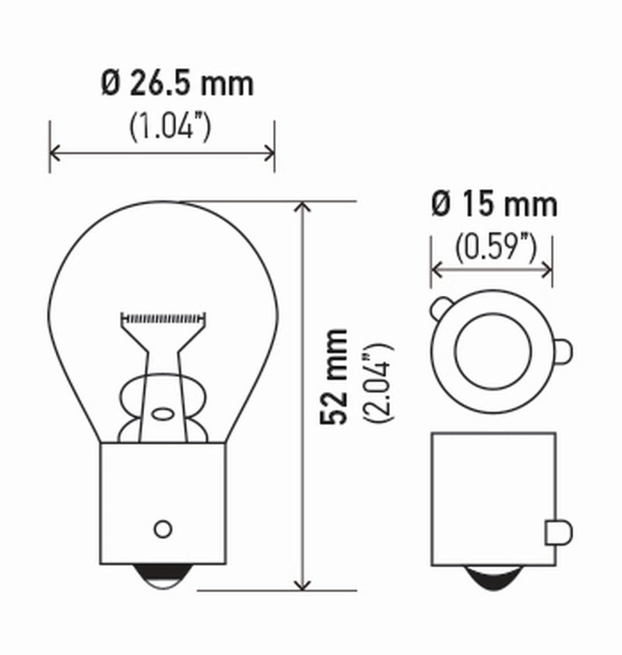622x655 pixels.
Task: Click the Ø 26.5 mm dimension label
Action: tap(177, 83)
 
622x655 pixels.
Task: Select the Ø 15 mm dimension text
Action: tap(494, 204)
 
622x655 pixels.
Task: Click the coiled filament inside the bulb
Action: tap(163, 318)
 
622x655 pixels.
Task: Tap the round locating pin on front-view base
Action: tap(162, 528)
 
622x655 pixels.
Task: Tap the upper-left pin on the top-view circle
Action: tap(439, 309)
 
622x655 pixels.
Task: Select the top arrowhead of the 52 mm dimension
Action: tap(304, 207)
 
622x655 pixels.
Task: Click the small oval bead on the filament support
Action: tap(162, 413)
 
